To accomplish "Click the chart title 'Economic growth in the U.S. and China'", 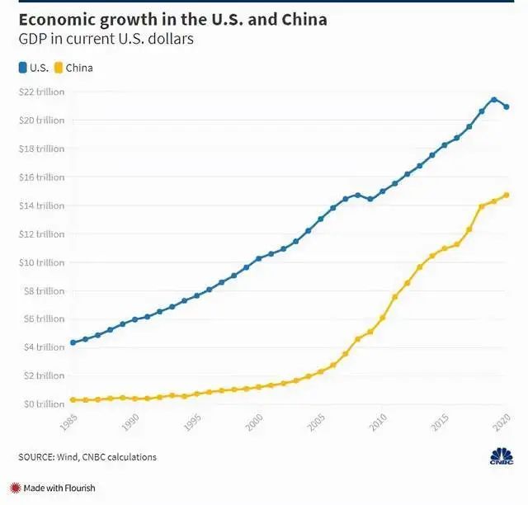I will click(x=172, y=19).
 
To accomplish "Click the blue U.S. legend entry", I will click(x=34, y=68).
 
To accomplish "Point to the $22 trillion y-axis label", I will click(x=41, y=92).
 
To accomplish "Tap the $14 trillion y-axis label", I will click(x=41, y=205).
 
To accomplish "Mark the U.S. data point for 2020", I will click(x=506, y=106).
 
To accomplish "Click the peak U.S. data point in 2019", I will click(x=493, y=100).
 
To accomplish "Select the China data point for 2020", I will click(x=506, y=196).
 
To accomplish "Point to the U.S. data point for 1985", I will click(x=73, y=342).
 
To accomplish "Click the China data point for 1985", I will click(x=73, y=399).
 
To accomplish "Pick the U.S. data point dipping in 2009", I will click(x=370, y=199).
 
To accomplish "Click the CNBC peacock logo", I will click(x=500, y=455).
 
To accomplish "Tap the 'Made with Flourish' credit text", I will click(x=59, y=488).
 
